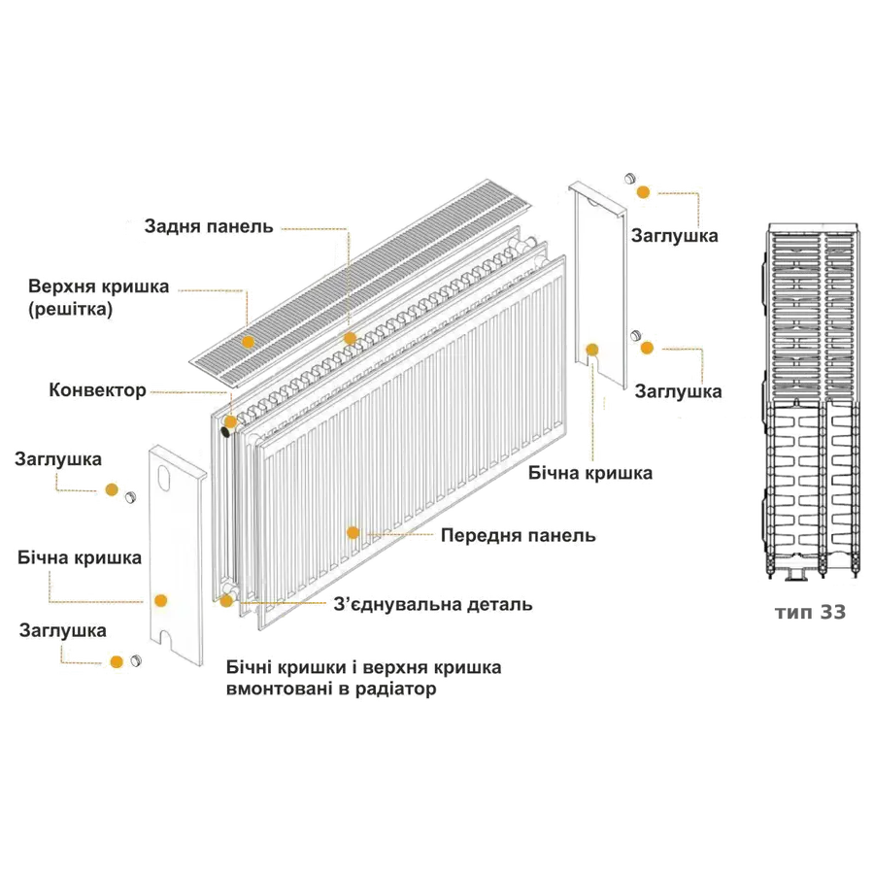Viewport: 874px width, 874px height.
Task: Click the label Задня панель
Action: pos(208,227)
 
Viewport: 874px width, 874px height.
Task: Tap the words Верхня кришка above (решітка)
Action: pos(99,287)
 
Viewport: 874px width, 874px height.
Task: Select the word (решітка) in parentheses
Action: pos(71,310)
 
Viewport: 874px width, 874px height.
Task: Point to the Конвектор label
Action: pos(97,390)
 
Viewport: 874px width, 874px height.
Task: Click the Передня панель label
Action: pos(518,536)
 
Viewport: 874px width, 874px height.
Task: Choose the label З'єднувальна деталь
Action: pos(433,604)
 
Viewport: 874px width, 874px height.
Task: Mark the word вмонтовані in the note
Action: pos(274,689)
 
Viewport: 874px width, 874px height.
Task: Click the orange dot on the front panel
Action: pos(353,532)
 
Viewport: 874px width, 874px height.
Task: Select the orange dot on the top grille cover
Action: pos(248,342)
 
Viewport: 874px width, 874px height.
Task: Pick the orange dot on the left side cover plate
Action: pos(161,601)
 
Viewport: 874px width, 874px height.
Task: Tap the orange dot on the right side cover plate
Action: pos(592,349)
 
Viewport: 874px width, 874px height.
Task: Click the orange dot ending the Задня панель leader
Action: pos(350,339)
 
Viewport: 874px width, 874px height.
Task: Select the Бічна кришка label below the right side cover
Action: pos(590,474)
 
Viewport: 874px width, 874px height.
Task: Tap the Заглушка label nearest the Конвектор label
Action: pos(58,458)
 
